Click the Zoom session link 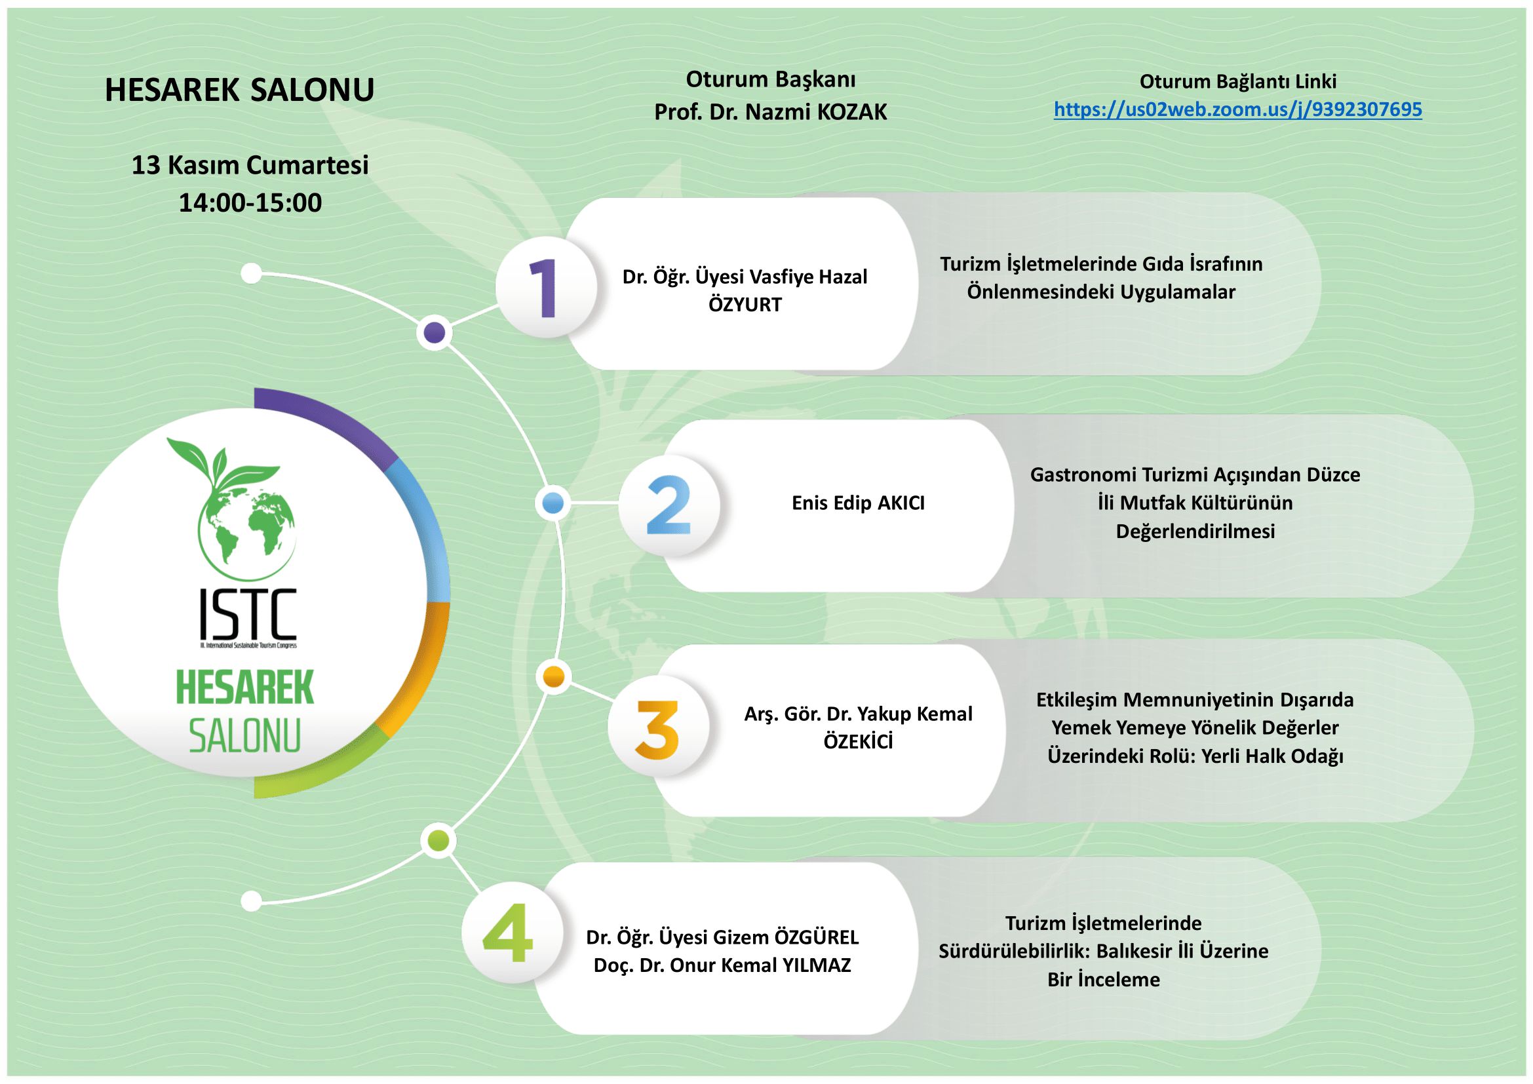pyautogui.click(x=1238, y=109)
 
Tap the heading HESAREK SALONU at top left pyautogui.click(x=240, y=90)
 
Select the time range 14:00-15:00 pyautogui.click(x=250, y=203)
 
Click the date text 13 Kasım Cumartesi pyautogui.click(x=250, y=165)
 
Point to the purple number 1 pyautogui.click(x=543, y=289)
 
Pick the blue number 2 pyautogui.click(x=669, y=505)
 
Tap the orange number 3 pyautogui.click(x=657, y=729)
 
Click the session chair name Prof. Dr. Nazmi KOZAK pyautogui.click(x=771, y=113)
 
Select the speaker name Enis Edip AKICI pyautogui.click(x=858, y=503)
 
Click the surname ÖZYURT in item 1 pyautogui.click(x=745, y=305)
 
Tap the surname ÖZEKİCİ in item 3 pyautogui.click(x=858, y=743)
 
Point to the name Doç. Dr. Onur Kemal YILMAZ pyautogui.click(x=722, y=965)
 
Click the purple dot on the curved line pyautogui.click(x=435, y=332)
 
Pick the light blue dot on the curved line pyautogui.click(x=554, y=504)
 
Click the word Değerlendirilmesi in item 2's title pyautogui.click(x=1195, y=532)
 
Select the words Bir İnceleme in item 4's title pyautogui.click(x=1104, y=979)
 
